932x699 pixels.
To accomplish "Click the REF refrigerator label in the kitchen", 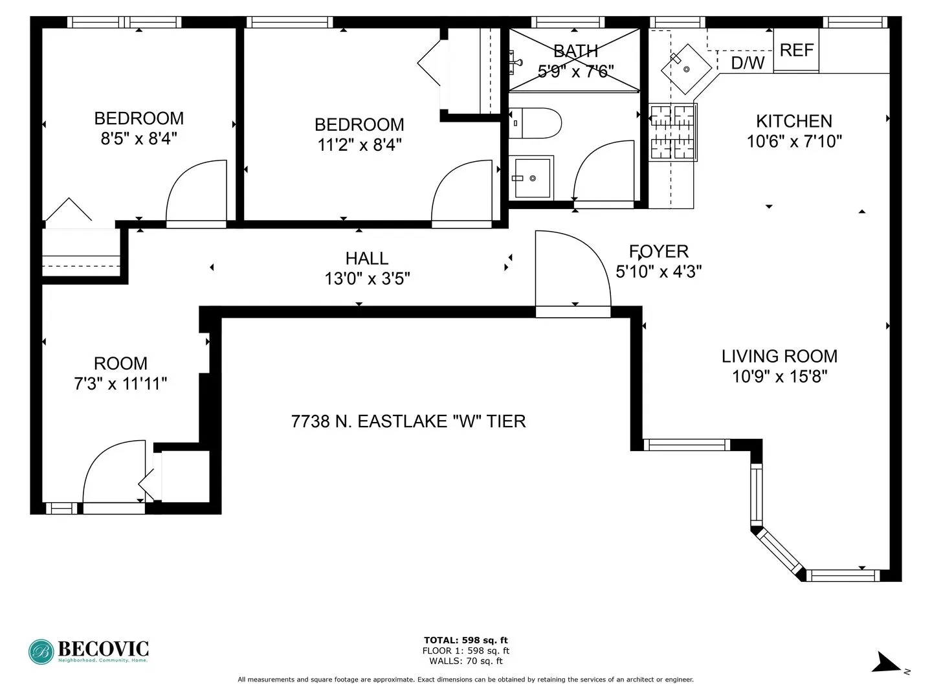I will pos(796,50).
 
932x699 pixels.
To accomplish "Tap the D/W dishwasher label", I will pos(748,63).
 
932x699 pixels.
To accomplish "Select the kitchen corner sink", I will pos(685,69).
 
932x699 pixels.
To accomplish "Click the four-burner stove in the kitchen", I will pos(672,132).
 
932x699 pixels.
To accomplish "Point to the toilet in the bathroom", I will pos(535,123).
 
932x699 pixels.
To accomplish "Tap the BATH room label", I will pos(575,50).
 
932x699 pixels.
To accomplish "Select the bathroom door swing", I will pos(602,172).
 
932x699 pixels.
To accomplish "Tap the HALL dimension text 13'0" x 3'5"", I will pos(367,279).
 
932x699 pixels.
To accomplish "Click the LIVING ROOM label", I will pos(779,356).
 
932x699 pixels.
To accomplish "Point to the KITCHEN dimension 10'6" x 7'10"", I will pos(794,141).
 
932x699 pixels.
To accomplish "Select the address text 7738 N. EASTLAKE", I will pos(408,421).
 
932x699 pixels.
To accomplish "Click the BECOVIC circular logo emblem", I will pos(41,652).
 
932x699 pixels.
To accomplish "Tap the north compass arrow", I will pos(884,663).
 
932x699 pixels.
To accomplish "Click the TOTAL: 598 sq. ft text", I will pos(465,640).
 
